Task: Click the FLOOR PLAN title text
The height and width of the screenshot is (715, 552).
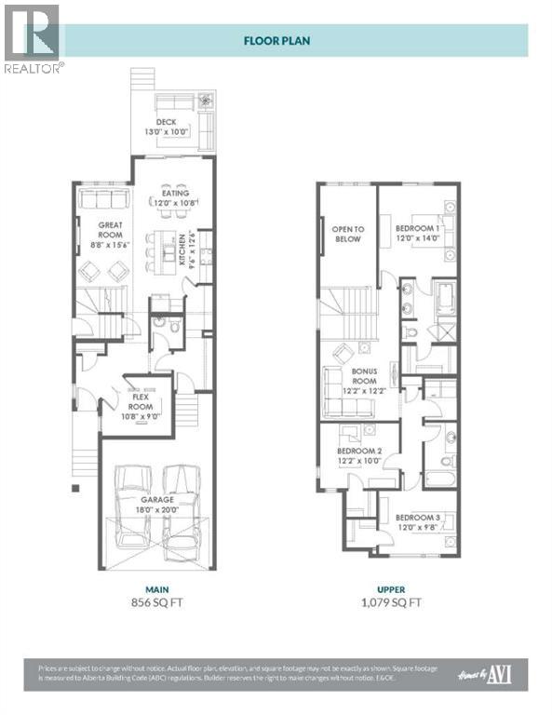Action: point(276,41)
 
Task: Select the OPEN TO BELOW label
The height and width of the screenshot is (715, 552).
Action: point(348,233)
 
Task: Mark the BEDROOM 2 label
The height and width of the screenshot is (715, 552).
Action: point(358,455)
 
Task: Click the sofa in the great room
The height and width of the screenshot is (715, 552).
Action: point(104,200)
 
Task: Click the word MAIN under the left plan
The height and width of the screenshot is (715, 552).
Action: point(155,587)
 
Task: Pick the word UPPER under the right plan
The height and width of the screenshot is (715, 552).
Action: point(389,587)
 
